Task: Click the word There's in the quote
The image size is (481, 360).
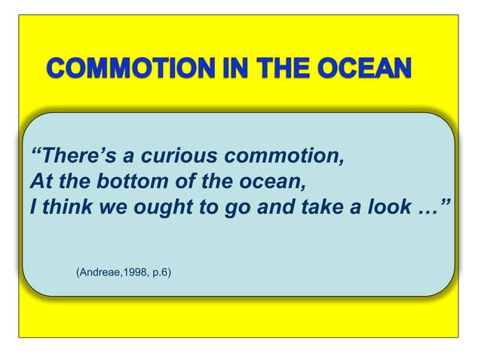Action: pyautogui.click(x=73, y=157)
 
